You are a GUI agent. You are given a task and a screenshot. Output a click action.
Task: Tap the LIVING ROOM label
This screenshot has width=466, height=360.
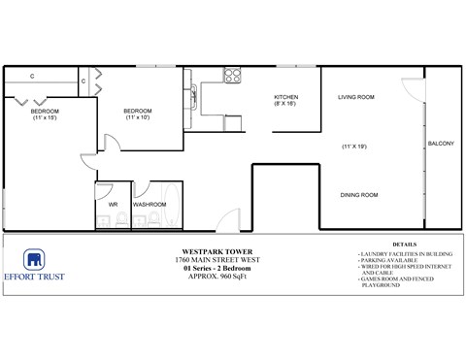pyautogui.click(x=356, y=98)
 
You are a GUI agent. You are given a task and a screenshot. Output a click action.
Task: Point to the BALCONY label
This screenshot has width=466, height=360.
pyautogui.click(x=440, y=145)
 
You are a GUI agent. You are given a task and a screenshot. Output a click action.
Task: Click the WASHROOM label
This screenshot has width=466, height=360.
pyautogui.click(x=150, y=205)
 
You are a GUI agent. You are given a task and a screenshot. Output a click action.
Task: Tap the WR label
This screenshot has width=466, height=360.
pyautogui.click(x=113, y=205)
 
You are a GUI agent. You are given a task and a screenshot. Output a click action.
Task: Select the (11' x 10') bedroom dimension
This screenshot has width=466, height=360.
pyautogui.click(x=138, y=117)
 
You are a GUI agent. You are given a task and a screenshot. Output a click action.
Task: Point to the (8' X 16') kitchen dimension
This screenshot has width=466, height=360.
pyautogui.click(x=284, y=106)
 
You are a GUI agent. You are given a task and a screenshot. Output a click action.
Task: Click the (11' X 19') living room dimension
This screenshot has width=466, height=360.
pyautogui.click(x=356, y=146)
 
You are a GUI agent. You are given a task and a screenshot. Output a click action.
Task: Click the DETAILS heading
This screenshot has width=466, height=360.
pyautogui.click(x=406, y=245)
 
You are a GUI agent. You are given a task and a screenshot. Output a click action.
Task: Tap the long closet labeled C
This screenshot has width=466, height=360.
pyautogui.click(x=33, y=75)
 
